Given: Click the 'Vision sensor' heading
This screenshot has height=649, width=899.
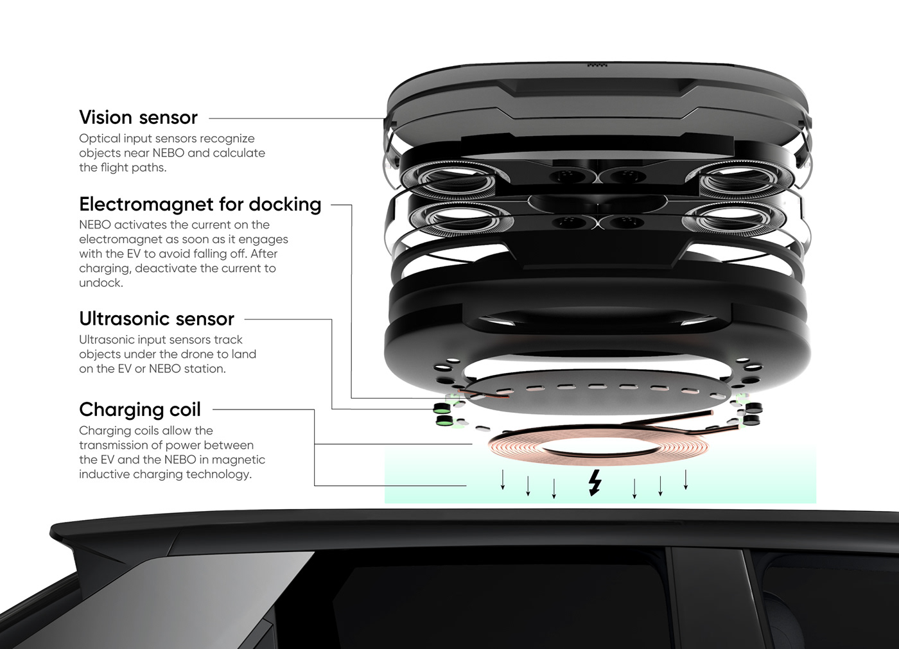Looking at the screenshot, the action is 138,117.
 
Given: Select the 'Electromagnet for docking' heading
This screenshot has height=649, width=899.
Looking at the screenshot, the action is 200,204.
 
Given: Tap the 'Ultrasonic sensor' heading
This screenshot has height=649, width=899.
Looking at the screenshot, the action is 157,319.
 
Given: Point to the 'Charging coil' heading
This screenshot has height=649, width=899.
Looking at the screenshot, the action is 140,410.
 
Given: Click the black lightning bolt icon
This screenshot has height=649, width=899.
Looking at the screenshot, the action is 595,483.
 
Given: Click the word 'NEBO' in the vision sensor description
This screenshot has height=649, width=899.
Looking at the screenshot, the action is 168,153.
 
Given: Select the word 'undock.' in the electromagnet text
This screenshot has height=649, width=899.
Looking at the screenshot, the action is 101,283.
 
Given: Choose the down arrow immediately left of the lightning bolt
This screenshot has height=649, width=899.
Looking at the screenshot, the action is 554,487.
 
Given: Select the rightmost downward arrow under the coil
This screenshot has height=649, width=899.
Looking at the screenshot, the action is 686,480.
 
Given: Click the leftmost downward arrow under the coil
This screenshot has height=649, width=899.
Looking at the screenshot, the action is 503,480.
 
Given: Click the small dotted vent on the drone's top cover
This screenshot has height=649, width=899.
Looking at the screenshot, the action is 597,65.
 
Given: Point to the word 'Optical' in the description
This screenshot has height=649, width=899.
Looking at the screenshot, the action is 100,139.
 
